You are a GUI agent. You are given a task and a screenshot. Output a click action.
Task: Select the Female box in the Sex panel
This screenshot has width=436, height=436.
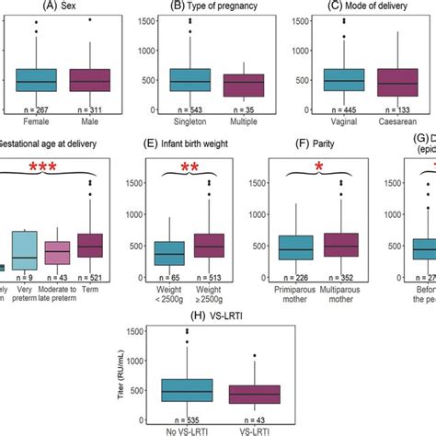coord(36,81)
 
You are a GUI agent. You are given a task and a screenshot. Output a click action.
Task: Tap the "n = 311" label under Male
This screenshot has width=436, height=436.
coord(89,109)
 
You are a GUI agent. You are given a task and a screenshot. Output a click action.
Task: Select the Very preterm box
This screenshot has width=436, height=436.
coord(24,247)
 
